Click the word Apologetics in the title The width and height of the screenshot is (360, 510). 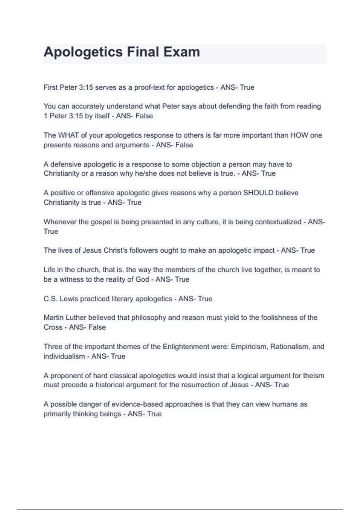point(83,52)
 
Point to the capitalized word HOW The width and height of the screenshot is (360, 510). point(299,135)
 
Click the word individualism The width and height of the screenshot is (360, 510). point(64,356)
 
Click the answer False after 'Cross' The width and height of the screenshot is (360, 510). point(97,327)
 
